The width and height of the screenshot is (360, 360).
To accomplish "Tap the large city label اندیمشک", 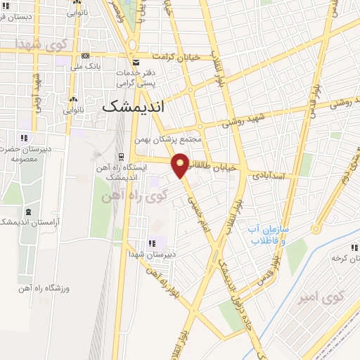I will pyautogui.click(x=133, y=106).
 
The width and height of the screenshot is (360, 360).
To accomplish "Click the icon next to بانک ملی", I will pyautogui.click(x=86, y=56).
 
